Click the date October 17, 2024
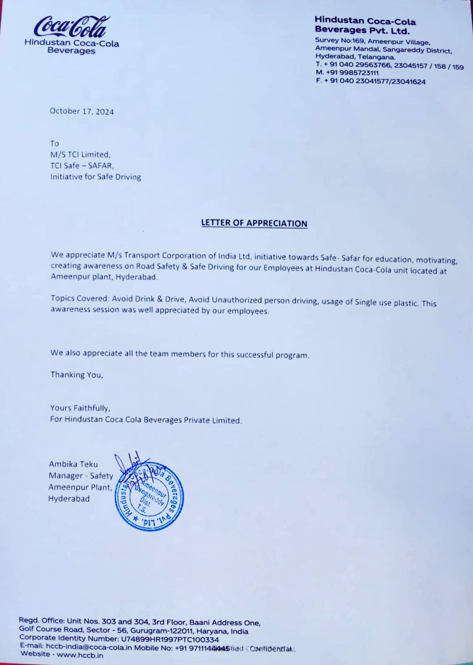coord(82,111)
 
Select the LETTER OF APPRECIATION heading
coord(254,223)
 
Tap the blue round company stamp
coord(149,496)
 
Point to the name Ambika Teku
coord(73,464)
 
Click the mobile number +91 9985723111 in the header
coord(347,73)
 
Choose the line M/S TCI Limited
coord(80,155)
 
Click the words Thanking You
coord(77,374)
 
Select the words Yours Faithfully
coord(80,408)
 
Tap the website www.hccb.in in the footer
coord(80,655)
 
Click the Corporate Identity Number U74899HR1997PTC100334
coord(170,639)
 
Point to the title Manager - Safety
coord(81,476)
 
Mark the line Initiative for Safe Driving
coord(96,177)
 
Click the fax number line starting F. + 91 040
coord(371,81)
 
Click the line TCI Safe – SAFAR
coord(82,165)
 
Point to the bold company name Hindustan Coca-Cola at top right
coord(365,21)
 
